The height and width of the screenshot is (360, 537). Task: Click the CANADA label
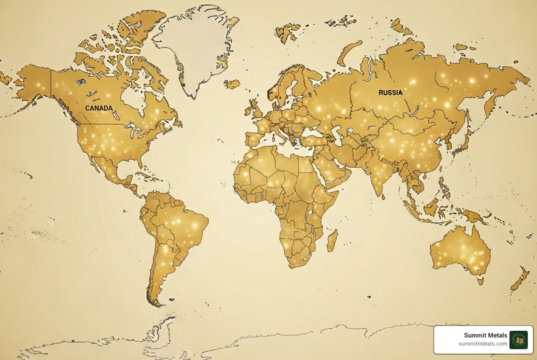tap(99, 108)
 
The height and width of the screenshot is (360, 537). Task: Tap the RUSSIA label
tap(390, 92)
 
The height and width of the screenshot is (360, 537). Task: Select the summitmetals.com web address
tap(483, 344)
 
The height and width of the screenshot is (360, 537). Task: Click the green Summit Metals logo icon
tap(518, 340)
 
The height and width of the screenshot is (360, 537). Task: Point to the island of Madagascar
tap(332, 240)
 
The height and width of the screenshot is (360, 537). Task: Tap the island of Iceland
tap(232, 84)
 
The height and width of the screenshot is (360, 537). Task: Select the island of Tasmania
tap(481, 280)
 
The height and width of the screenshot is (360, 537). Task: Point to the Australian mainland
tap(461, 250)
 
